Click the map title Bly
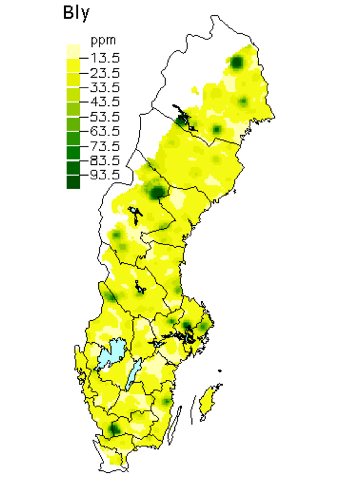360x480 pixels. (x=76, y=13)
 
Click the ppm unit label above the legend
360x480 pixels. (x=103, y=40)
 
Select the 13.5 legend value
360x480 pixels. (x=105, y=58)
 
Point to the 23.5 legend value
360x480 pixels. (x=105, y=72)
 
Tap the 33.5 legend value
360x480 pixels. (x=105, y=87)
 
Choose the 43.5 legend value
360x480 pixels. (x=105, y=102)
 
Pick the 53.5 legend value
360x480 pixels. (x=105, y=117)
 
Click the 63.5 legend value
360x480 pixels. (x=105, y=131)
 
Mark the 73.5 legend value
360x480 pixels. (x=105, y=146)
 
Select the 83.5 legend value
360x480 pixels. (x=105, y=160)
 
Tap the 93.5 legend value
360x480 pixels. (x=105, y=175)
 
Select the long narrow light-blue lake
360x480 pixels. (x=133, y=373)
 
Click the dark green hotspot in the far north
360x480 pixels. (x=237, y=62)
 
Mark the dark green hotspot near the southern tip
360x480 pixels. (x=115, y=428)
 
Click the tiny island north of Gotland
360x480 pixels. (x=219, y=371)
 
